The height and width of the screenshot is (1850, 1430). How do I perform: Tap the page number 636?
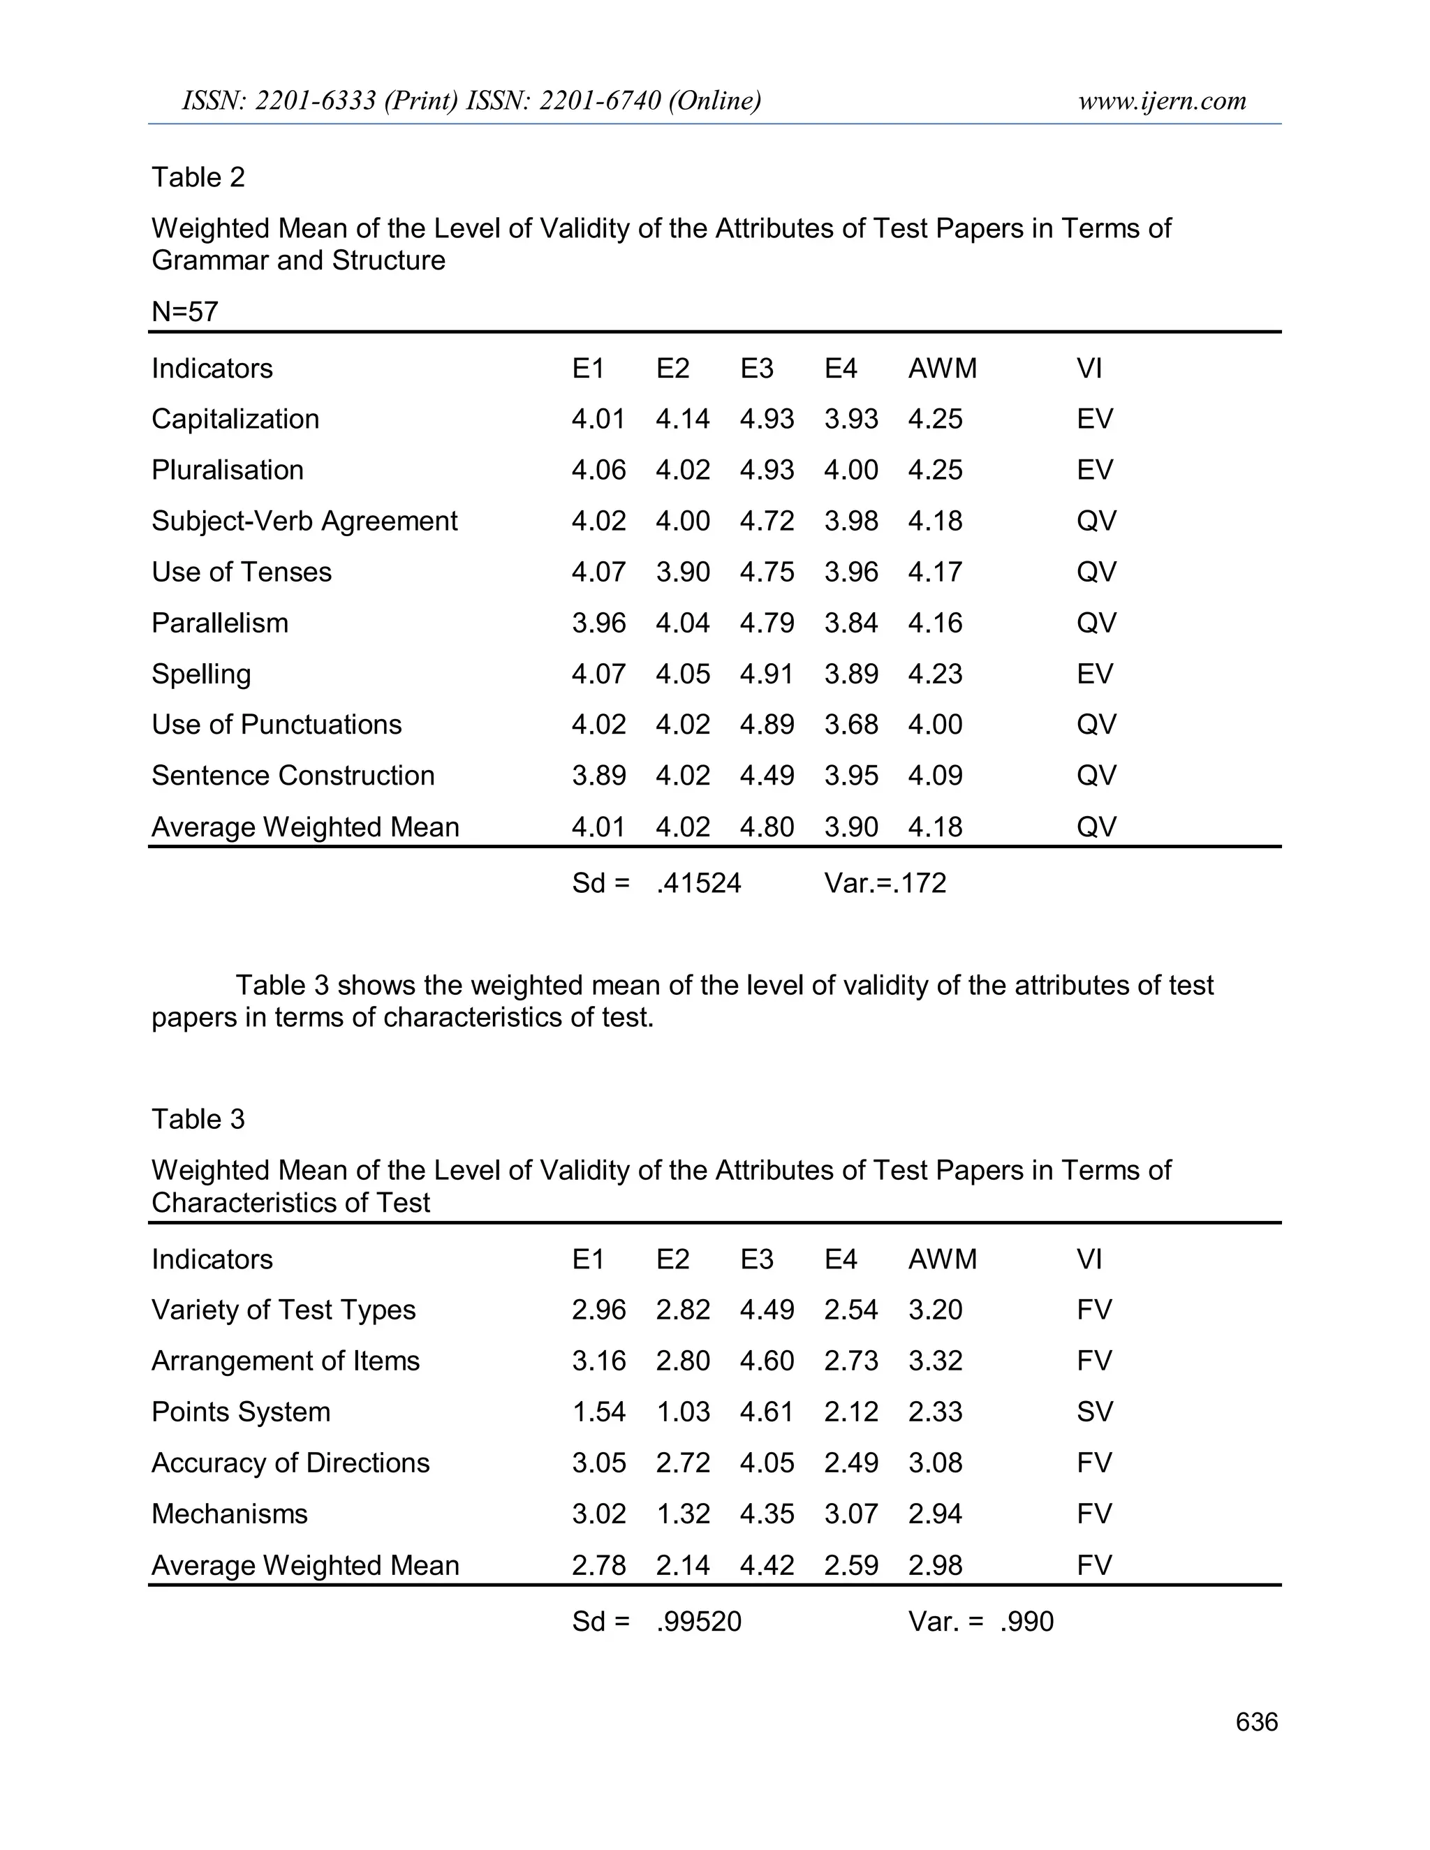point(1256,1722)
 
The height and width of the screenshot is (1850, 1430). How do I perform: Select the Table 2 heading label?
point(198,177)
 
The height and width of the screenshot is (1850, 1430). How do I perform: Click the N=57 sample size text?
point(184,312)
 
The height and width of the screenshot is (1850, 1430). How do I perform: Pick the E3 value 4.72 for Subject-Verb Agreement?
point(767,521)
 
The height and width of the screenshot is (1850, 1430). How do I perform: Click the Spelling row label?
point(201,674)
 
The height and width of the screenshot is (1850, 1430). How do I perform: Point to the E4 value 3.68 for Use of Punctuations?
point(850,725)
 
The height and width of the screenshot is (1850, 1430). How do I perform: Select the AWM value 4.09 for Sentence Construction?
point(935,776)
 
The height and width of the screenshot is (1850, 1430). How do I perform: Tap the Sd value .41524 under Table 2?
point(699,884)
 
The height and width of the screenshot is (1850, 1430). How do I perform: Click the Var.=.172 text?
point(885,884)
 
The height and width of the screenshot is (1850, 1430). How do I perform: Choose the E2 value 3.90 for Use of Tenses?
point(683,572)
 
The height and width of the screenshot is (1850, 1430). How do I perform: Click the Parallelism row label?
point(219,623)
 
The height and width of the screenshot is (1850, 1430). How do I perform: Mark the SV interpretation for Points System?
point(1095,1412)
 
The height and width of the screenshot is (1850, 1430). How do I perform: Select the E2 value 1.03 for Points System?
point(683,1412)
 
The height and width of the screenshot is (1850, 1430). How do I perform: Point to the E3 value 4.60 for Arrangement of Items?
point(767,1361)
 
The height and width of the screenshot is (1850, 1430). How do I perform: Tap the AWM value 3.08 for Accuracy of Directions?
point(935,1463)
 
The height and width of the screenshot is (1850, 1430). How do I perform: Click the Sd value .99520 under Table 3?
point(699,1621)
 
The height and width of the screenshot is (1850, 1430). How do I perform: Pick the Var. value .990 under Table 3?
point(1026,1621)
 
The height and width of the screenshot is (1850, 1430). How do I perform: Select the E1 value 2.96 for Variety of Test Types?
point(598,1310)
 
